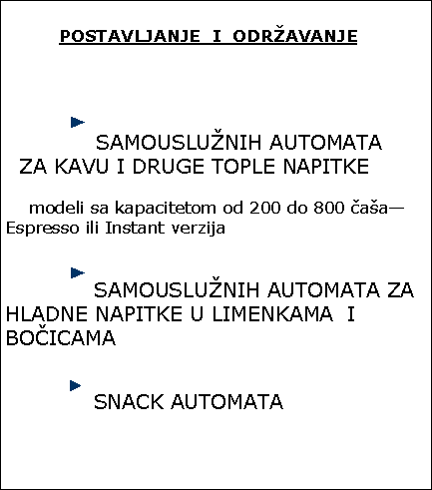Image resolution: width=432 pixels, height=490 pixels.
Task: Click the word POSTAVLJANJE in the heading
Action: pyautogui.click(x=130, y=36)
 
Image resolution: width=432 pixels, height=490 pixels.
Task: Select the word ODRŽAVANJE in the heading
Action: pyautogui.click(x=295, y=35)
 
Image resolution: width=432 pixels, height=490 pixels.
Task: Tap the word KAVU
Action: pyautogui.click(x=82, y=166)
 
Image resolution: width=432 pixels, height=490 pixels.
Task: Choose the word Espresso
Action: pyautogui.click(x=43, y=229)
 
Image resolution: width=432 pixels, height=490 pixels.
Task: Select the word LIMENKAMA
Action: pyautogui.click(x=272, y=314)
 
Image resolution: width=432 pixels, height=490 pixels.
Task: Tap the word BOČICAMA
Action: pyautogui.click(x=61, y=337)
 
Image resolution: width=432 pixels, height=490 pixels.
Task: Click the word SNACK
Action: pyautogui.click(x=129, y=401)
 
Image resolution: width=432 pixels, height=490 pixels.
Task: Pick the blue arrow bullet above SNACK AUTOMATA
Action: pyautogui.click(x=76, y=386)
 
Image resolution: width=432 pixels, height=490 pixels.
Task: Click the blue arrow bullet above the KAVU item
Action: pyautogui.click(x=78, y=122)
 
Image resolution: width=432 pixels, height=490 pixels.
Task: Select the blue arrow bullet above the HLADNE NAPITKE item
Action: pyautogui.click(x=78, y=273)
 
